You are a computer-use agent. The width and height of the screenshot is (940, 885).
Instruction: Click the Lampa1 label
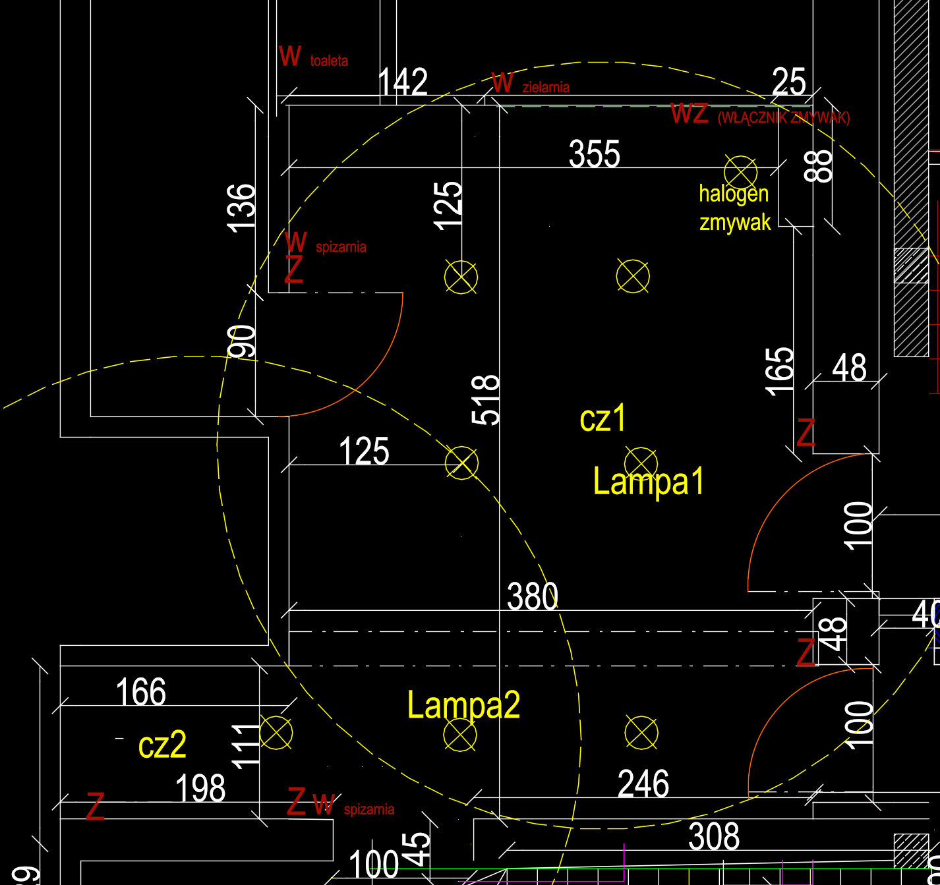point(649,482)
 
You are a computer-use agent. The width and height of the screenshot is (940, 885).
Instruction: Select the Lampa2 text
point(463,705)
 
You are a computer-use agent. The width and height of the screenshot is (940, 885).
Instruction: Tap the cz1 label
point(602,418)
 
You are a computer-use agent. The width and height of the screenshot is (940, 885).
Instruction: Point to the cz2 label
point(162,745)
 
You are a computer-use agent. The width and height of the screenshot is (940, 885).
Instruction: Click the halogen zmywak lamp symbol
point(740,172)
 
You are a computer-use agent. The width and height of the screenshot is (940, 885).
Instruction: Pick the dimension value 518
point(486,399)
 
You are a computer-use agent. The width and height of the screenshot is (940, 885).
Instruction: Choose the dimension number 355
point(595,154)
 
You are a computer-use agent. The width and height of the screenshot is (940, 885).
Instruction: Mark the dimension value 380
point(533,597)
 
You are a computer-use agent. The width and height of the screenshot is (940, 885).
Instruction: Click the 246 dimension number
point(643,784)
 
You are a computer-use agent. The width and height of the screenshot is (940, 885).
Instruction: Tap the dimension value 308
point(714,837)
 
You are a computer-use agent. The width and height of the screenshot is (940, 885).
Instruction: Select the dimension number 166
point(140,693)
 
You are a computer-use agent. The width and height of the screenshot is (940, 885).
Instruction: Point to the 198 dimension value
point(200,789)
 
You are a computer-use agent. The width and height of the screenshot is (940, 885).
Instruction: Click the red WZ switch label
point(690,113)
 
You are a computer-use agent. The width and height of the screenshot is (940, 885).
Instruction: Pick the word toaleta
point(329,61)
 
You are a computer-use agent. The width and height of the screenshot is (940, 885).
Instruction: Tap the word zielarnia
point(546,88)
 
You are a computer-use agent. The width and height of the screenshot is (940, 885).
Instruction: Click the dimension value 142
point(403,82)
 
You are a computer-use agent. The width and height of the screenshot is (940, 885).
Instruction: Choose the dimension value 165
point(780,371)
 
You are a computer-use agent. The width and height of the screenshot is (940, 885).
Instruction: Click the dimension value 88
point(819,165)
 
